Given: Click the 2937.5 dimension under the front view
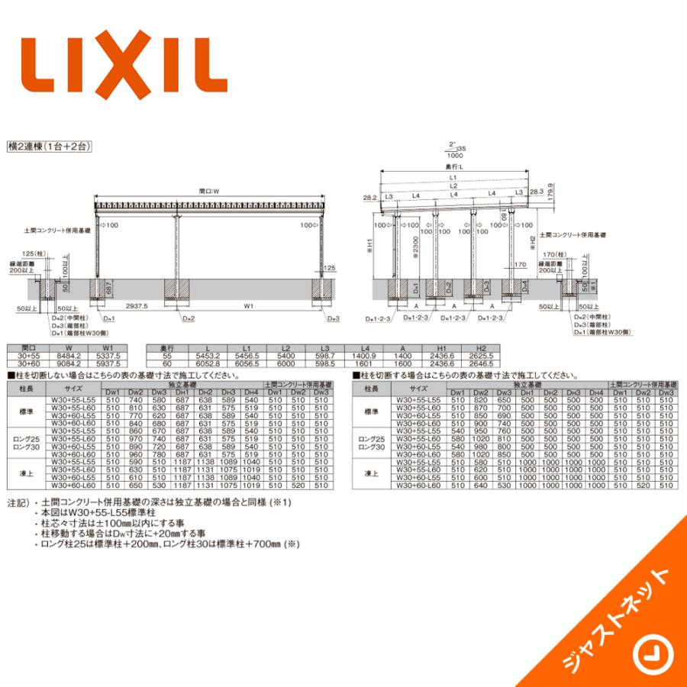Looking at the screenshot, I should [138, 305].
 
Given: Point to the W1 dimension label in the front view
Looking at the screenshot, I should [248, 305].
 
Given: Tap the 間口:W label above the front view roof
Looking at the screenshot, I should [208, 192].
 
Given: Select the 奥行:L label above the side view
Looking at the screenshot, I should [456, 166].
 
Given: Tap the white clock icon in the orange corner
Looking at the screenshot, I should [650, 654].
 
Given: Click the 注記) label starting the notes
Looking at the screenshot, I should [17, 504].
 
